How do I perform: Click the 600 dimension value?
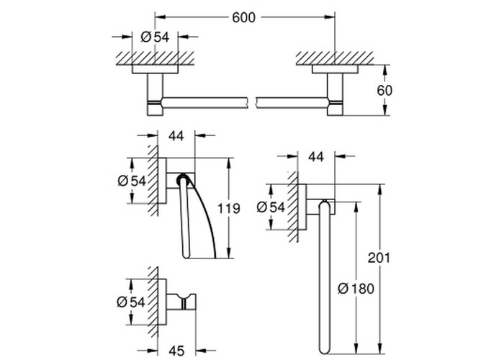click(243, 18)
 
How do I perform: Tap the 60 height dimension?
click(384, 90)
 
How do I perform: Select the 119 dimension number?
click(229, 209)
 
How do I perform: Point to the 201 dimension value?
click(379, 258)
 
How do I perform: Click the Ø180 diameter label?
click(356, 288)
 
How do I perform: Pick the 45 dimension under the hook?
click(176, 351)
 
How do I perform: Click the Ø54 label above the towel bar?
click(155, 37)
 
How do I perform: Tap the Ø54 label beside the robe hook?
click(131, 302)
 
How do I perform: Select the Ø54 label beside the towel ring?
click(271, 207)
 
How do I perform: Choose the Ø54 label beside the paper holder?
click(132, 181)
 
